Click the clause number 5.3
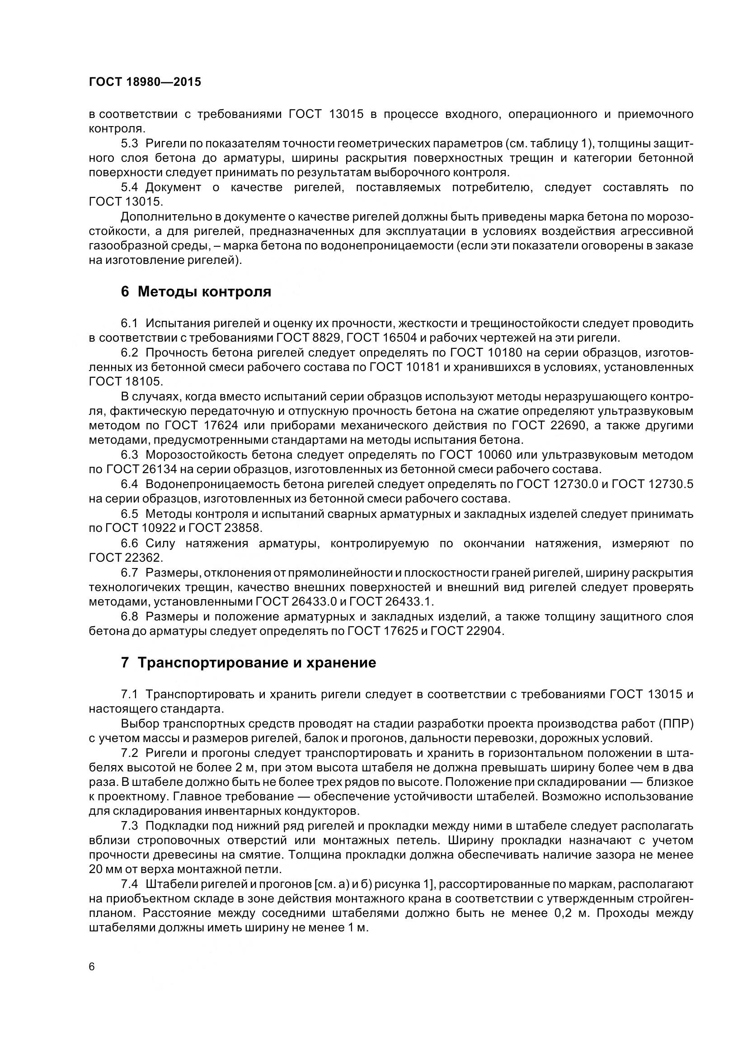click(x=129, y=143)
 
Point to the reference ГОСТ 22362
click(x=126, y=558)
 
